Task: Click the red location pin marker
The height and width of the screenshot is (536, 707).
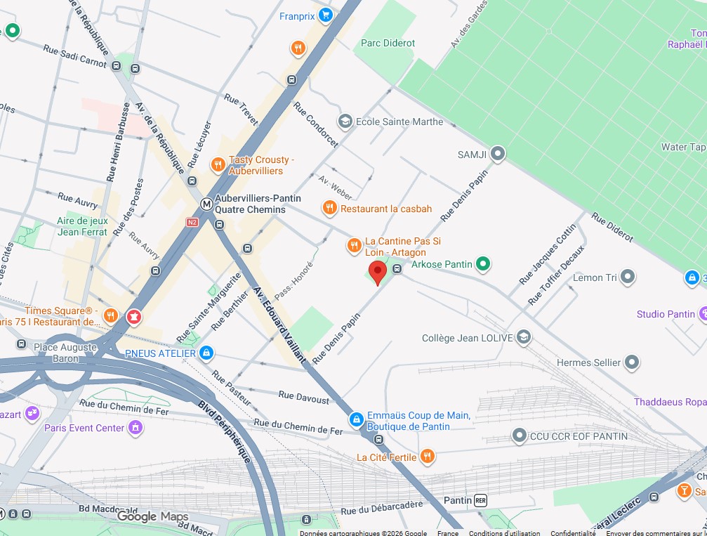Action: [x=378, y=272]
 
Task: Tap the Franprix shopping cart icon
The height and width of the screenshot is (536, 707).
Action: [x=325, y=15]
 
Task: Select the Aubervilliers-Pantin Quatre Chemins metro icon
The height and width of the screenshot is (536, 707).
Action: [x=206, y=204]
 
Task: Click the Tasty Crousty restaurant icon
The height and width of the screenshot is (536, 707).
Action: [x=218, y=165]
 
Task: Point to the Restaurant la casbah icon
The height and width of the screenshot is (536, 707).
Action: [x=329, y=208]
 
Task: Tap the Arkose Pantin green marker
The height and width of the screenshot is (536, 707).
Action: [x=482, y=264]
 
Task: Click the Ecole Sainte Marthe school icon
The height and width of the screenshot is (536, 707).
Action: [x=345, y=122]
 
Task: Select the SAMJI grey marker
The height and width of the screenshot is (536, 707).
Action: [x=498, y=153]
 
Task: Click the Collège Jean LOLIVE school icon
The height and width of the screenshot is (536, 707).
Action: [x=523, y=338]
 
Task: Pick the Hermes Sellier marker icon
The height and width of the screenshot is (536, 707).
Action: [x=633, y=362]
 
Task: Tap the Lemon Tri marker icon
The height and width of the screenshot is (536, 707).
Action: [x=628, y=277]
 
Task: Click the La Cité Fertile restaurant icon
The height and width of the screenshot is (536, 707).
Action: [x=427, y=457]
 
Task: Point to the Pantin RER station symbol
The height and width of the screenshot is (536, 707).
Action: [x=481, y=500]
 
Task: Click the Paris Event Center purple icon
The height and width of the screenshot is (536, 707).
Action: [x=136, y=427]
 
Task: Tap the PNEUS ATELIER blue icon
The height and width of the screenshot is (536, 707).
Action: [x=206, y=353]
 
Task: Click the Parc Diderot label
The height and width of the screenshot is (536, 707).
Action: [x=388, y=43]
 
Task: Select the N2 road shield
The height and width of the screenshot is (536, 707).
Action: [x=192, y=222]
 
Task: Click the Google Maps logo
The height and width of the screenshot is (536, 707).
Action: [x=152, y=517]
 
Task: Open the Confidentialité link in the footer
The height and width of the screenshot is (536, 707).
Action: [x=573, y=533]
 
